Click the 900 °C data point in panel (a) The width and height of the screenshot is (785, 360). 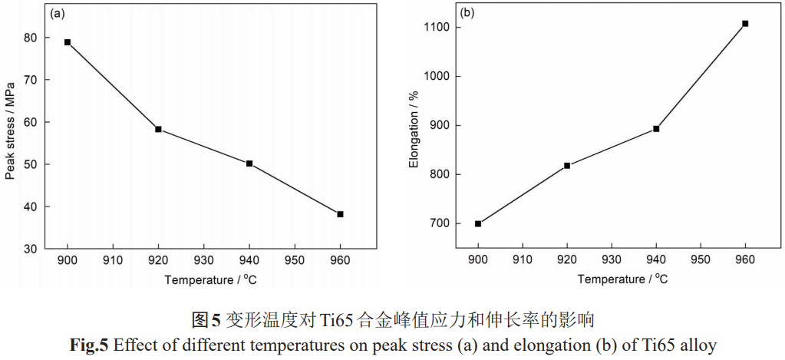pyautogui.click(x=68, y=42)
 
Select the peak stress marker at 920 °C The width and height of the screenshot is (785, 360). pyautogui.click(x=158, y=129)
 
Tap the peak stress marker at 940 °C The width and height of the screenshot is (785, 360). pyautogui.click(x=249, y=163)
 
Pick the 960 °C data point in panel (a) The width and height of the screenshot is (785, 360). pyautogui.click(x=340, y=214)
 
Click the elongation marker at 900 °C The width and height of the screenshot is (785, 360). pyautogui.click(x=478, y=223)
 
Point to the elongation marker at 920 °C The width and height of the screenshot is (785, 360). pyautogui.click(x=567, y=166)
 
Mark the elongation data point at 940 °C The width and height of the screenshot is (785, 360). pyautogui.click(x=656, y=129)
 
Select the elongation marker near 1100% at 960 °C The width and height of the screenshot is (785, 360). pyautogui.click(x=745, y=24)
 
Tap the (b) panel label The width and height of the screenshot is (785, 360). pyautogui.click(x=467, y=14)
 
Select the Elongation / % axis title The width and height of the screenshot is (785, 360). pyautogui.click(x=414, y=130)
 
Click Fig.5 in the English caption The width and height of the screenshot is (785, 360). pyautogui.click(x=90, y=345)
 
